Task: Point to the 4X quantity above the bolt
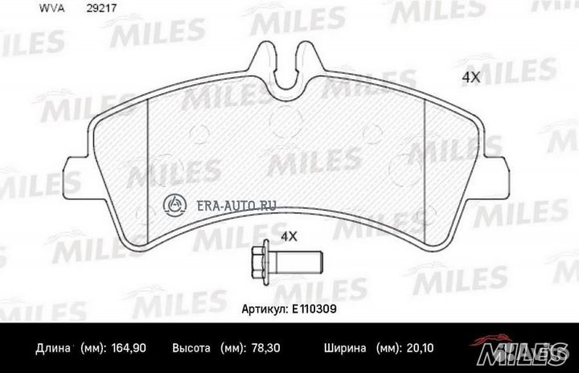[x=288, y=236]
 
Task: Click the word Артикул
[x=265, y=308]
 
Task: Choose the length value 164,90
[x=129, y=350]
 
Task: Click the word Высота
[x=191, y=350]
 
